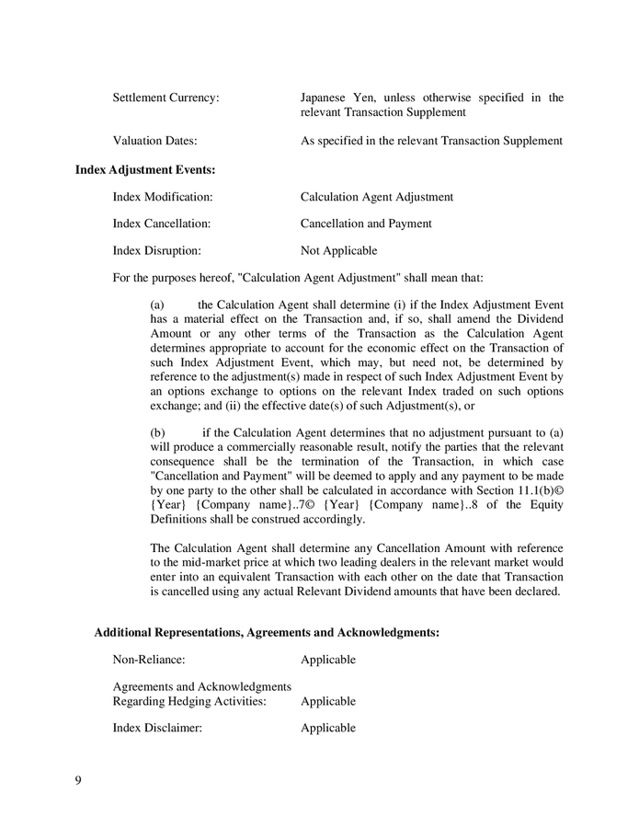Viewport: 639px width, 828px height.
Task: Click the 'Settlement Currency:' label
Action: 165,98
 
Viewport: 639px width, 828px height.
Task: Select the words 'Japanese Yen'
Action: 334,98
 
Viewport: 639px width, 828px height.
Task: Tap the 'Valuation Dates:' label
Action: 154,141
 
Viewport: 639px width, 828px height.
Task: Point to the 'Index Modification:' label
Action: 163,197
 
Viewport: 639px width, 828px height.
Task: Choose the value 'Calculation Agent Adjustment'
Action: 376,197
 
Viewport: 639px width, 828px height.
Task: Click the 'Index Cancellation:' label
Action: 162,224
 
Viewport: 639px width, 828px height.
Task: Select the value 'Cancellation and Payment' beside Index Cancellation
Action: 366,224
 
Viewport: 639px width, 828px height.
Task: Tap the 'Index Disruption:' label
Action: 156,250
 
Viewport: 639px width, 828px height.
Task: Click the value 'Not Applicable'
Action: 338,250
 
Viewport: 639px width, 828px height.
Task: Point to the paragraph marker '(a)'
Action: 156,305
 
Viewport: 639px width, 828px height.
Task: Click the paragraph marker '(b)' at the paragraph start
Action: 156,432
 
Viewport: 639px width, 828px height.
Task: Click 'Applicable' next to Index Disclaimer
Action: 327,728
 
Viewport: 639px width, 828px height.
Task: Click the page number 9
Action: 78,781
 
